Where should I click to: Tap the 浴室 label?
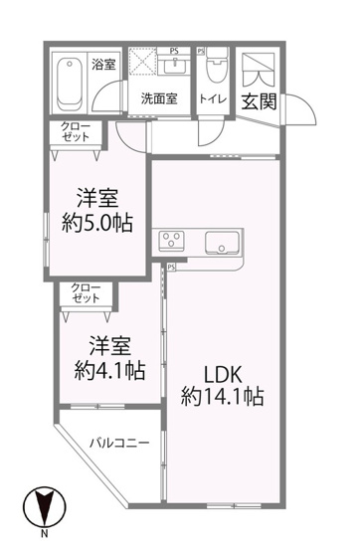(x=103, y=65)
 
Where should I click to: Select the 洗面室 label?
(x=158, y=98)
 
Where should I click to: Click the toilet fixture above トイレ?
(x=214, y=72)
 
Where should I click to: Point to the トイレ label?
(x=214, y=98)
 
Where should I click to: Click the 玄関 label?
(x=262, y=100)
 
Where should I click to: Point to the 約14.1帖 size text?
(x=222, y=397)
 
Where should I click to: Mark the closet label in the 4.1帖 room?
(x=86, y=293)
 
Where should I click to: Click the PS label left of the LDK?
(x=171, y=267)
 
